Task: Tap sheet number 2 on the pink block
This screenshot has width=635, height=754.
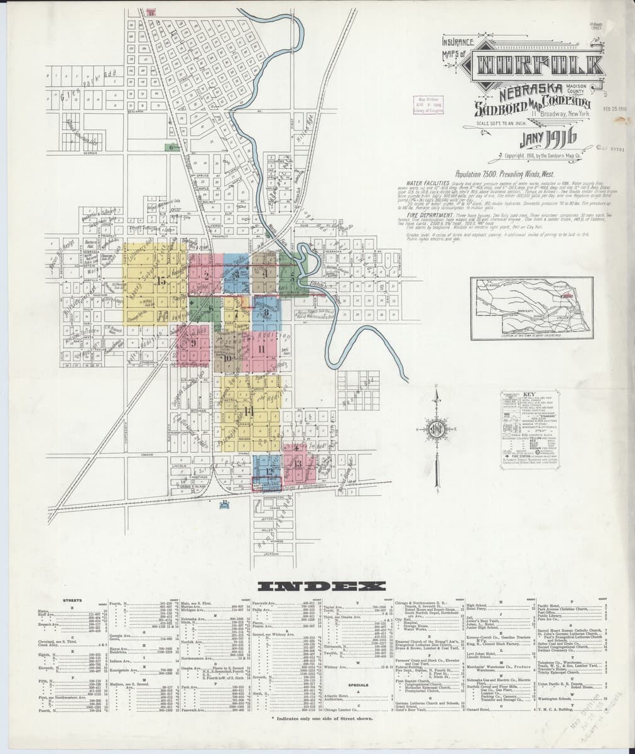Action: pyautogui.click(x=206, y=274)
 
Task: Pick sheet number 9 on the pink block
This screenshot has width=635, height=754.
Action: pyautogui.click(x=194, y=342)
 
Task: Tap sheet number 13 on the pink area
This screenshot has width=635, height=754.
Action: pyautogui.click(x=297, y=464)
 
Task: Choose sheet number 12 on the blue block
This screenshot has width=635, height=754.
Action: pyautogui.click(x=268, y=471)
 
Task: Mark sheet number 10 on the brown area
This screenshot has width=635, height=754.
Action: pyautogui.click(x=227, y=358)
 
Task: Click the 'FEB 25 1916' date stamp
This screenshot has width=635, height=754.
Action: pyautogui.click(x=615, y=108)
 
